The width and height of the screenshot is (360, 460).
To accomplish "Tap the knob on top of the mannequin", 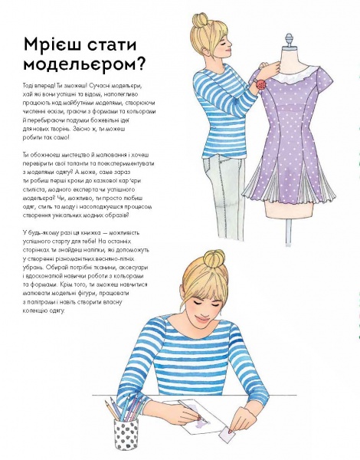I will click(x=289, y=37).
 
